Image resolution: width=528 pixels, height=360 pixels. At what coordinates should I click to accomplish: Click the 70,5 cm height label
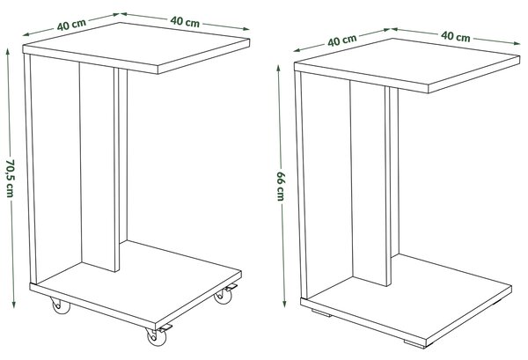tap(11, 178)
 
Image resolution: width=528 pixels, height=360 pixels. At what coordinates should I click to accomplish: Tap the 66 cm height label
tap(281, 187)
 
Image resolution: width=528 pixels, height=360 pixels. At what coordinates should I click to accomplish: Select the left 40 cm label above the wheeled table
tap(71, 25)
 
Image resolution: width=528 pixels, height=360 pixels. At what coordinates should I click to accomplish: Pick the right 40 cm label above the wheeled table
tap(185, 21)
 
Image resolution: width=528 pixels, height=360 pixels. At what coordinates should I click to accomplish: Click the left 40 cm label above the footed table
tap(342, 40)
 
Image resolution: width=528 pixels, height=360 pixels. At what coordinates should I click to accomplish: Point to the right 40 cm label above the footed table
tap(455, 36)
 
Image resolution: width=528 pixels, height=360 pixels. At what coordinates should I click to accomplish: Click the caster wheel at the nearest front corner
tap(157, 336)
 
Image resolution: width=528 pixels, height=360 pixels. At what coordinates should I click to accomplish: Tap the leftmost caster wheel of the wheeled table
tap(61, 305)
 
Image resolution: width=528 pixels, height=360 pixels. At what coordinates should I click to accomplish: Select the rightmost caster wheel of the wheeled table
tap(224, 297)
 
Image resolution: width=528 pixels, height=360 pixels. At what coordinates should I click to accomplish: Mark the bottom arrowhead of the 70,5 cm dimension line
tap(13, 305)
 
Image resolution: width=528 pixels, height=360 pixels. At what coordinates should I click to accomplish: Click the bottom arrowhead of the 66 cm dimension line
tap(284, 304)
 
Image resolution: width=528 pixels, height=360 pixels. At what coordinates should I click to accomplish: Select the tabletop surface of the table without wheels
tap(407, 62)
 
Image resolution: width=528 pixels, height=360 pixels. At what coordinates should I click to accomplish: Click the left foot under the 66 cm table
tap(321, 312)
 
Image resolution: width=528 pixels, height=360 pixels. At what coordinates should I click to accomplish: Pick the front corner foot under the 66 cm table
tap(415, 344)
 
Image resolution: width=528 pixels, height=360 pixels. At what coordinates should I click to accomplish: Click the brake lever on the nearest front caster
tap(165, 327)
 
